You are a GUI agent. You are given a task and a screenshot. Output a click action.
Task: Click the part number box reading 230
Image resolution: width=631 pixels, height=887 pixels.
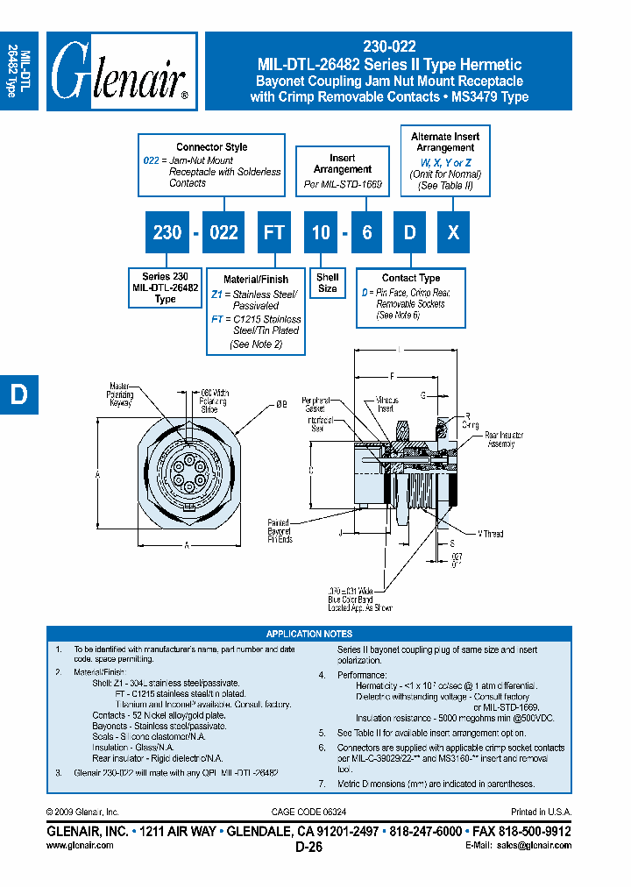click(167, 232)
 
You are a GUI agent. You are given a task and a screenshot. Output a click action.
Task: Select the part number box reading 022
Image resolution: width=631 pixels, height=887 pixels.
click(223, 232)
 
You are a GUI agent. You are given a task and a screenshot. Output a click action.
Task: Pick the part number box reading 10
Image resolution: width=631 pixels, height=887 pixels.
click(322, 232)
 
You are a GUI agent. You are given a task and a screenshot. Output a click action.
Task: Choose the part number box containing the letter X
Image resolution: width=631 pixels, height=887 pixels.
click(452, 232)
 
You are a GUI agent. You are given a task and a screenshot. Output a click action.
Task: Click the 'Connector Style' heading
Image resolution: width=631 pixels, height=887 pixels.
click(211, 147)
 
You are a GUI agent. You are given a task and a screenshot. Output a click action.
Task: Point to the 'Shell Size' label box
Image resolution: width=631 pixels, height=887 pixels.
click(328, 283)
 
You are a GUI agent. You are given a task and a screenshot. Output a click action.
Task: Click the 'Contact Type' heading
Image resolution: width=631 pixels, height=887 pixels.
click(410, 278)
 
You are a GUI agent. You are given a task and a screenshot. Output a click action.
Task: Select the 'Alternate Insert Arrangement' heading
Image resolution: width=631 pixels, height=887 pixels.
click(445, 142)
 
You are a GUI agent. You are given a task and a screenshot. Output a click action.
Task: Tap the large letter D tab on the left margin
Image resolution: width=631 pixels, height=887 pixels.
click(18, 394)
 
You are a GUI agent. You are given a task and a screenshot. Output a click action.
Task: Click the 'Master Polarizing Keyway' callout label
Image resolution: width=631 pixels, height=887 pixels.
click(121, 395)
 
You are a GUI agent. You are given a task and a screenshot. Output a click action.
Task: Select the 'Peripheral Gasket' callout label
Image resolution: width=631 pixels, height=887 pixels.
click(313, 404)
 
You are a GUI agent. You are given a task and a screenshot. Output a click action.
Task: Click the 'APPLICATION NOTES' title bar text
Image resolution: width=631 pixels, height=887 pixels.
click(308, 634)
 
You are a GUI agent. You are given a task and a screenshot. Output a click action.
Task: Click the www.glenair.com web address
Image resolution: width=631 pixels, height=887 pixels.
click(79, 845)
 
